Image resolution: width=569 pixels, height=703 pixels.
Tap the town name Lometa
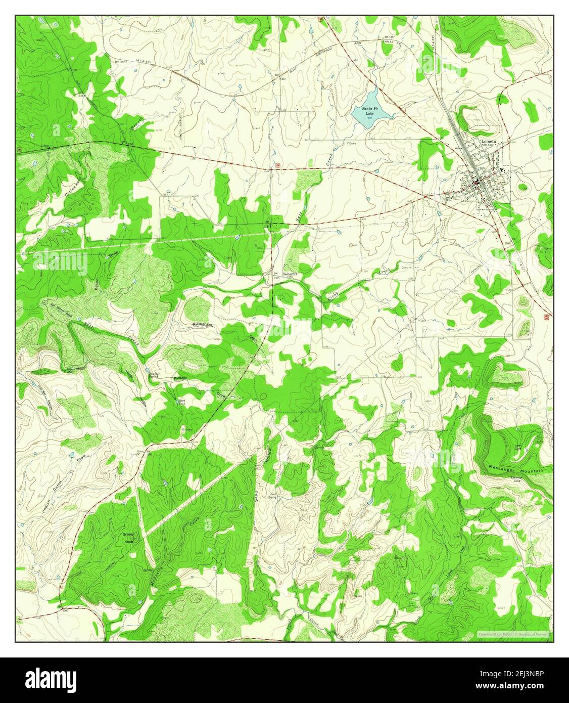point(489,142)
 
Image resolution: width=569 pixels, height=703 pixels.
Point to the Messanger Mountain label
point(516,469)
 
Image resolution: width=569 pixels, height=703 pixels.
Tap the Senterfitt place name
point(292,274)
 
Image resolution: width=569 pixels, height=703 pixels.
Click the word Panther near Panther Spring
point(180,378)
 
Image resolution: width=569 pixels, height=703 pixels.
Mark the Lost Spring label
point(272,495)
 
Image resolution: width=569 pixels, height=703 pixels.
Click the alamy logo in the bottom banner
point(51,677)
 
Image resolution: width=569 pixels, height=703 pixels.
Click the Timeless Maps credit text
point(513,634)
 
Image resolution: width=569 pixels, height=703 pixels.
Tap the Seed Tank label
point(182,403)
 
